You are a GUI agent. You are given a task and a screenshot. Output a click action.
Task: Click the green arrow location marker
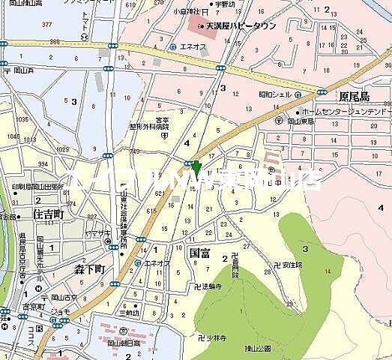tap(196, 167)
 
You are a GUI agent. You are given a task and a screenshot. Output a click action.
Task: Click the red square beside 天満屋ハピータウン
tap(201, 27)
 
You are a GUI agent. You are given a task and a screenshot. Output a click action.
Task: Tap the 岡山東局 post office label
tap(299, 121)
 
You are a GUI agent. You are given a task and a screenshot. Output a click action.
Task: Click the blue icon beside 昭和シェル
tap(298, 95)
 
